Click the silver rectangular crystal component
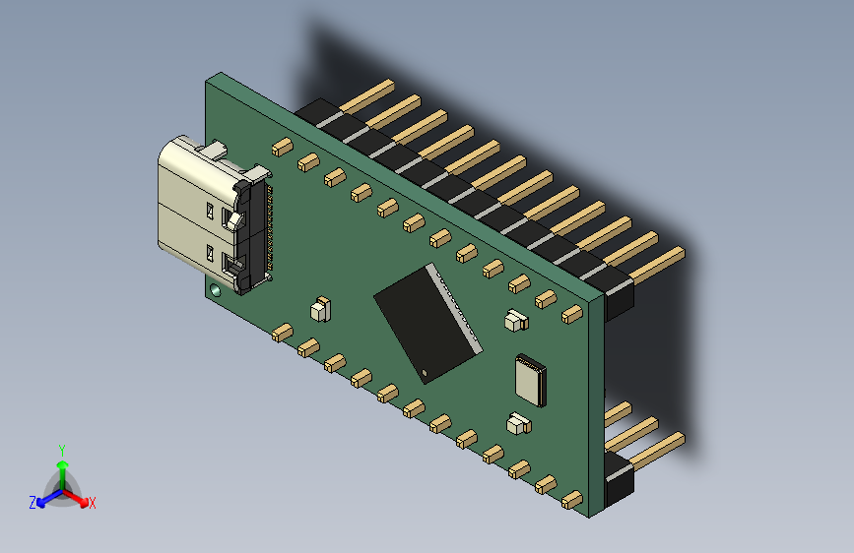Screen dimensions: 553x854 (529, 380)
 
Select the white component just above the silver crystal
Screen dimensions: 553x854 (515, 320)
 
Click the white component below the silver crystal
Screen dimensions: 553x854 (516, 425)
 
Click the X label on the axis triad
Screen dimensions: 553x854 (93, 503)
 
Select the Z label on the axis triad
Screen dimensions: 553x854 (33, 503)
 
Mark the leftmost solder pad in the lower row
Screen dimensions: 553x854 (282, 332)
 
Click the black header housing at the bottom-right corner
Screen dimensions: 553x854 (619, 481)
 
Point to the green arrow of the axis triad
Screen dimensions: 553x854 (62, 467)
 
